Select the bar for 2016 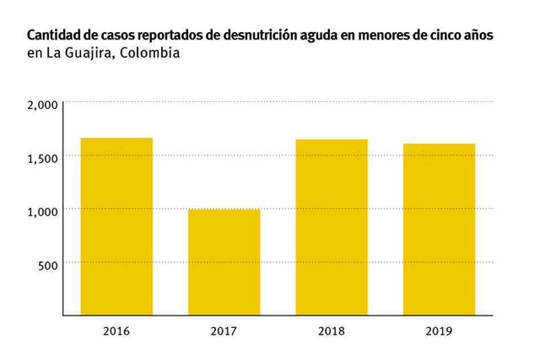tap(116, 226)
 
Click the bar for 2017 tap(224, 262)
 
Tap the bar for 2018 tap(332, 227)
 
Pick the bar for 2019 tap(439, 229)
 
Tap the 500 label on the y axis tap(47, 265)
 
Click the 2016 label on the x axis tap(116, 330)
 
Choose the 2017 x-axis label tap(224, 330)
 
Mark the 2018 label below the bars tap(332, 330)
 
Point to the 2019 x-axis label tap(439, 330)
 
